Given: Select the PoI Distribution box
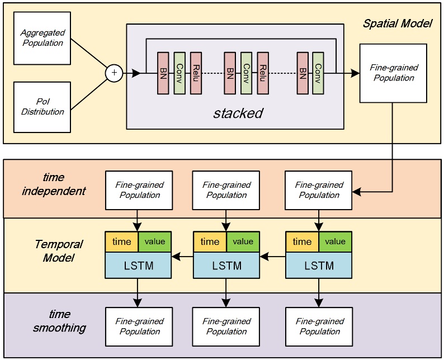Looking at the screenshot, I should coord(42,107).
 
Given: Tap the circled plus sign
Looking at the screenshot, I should coord(114,73).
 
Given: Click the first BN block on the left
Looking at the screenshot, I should coord(163,73).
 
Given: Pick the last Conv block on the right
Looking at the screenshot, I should coord(318,73).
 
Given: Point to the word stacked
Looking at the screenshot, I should coord(238,113).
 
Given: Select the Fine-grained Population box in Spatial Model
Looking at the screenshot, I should coord(394,73).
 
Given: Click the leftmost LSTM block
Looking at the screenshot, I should coord(138,265).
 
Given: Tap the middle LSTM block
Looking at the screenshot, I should coord(226,265).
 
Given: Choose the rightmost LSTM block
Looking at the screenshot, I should coord(319,265).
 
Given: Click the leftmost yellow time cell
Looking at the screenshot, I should coord(121,241).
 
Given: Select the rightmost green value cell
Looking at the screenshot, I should coord(336,241).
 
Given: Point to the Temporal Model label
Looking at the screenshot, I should coord(59,251).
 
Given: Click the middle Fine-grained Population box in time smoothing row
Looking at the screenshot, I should coord(226,326).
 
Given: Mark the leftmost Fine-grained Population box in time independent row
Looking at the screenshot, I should coord(139,190).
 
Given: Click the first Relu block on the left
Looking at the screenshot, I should coord(196,73).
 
